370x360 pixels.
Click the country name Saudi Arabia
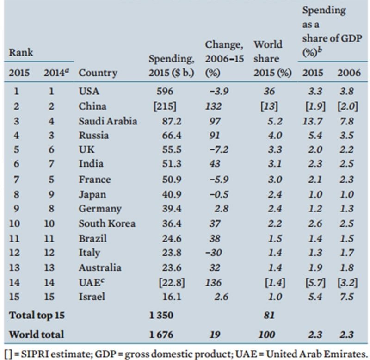[108, 121]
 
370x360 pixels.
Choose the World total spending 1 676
[162, 334]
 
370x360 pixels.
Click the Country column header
[98, 73]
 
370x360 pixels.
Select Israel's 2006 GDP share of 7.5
[346, 298]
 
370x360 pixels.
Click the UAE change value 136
[214, 282]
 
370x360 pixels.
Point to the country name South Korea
[107, 223]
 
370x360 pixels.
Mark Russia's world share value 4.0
[265, 136]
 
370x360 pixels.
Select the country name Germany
[100, 208]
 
